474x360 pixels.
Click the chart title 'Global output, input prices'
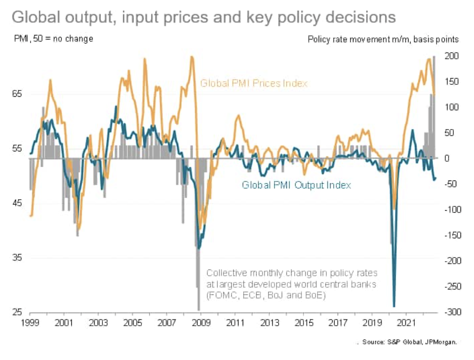click(x=203, y=17)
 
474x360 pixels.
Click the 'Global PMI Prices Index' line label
click(x=254, y=83)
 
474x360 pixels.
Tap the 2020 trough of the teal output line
click(x=394, y=306)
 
